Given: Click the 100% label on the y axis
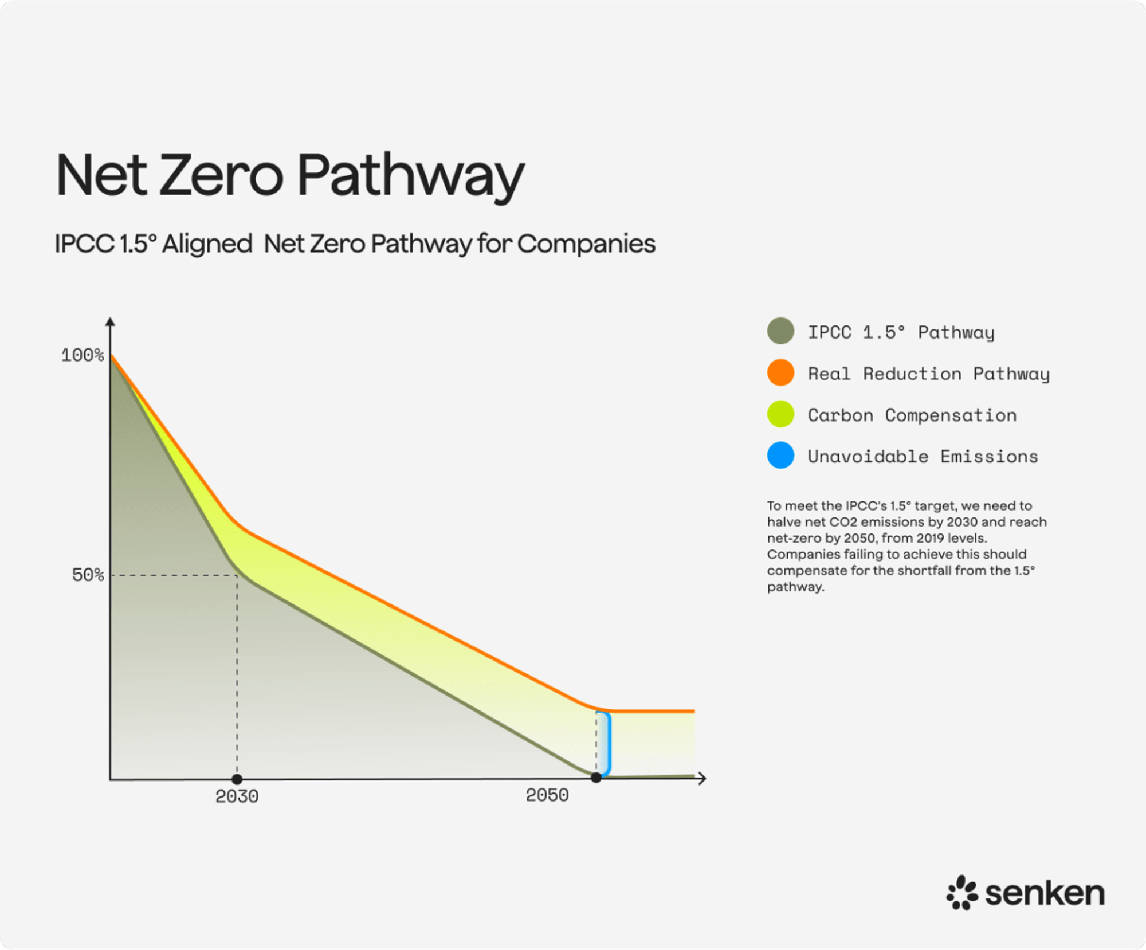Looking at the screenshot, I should click(83, 355).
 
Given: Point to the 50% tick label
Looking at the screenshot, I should click(88, 575).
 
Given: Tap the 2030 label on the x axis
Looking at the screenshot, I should click(237, 796).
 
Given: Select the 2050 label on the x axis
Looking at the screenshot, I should click(547, 795).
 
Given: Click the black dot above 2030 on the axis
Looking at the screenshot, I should click(237, 779).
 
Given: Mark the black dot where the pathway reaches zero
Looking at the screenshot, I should click(596, 778).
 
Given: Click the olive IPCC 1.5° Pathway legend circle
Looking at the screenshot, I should click(780, 331).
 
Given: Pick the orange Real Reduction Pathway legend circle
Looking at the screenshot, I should click(780, 373).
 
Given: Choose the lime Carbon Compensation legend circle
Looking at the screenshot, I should click(780, 414).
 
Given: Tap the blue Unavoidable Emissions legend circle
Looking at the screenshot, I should click(780, 456).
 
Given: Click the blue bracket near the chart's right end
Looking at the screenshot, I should click(608, 744).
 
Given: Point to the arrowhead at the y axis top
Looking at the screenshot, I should click(111, 321).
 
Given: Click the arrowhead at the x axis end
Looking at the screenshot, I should click(702, 778).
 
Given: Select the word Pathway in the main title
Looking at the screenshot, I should click(410, 176).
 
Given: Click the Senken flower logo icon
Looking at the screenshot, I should click(961, 892).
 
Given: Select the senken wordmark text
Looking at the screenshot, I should click(1045, 893).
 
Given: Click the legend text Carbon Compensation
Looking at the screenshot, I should click(912, 415).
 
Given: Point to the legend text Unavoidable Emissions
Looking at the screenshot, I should click(923, 456).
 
